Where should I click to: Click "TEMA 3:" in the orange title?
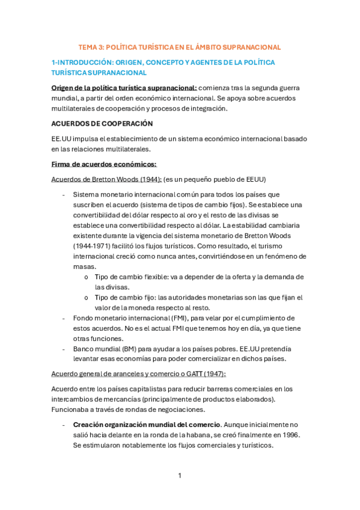(x=91, y=47)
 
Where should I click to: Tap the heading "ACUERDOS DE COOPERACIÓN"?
(x=102, y=124)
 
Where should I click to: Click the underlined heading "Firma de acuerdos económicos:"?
(x=104, y=164)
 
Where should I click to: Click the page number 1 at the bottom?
(x=179, y=476)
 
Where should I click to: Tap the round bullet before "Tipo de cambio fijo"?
(x=87, y=298)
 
